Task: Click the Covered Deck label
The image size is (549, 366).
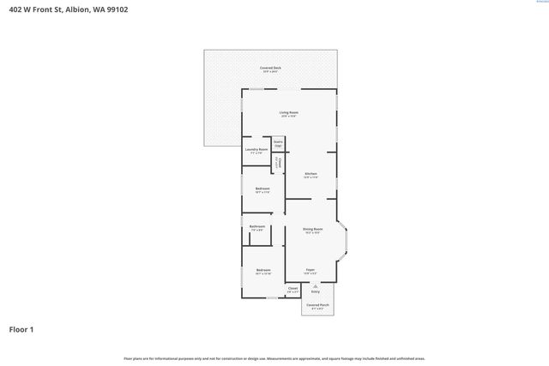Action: point(270,69)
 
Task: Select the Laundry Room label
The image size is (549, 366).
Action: point(256,151)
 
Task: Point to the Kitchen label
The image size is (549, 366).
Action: point(311,176)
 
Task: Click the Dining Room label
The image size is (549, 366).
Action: point(312,231)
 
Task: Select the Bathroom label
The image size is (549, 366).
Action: point(257,228)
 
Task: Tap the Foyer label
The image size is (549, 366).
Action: point(310,271)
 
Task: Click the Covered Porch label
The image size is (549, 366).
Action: point(317,306)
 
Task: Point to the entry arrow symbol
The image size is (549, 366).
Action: point(315,286)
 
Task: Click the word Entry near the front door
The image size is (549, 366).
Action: point(315,292)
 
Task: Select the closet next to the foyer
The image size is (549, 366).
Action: point(293,290)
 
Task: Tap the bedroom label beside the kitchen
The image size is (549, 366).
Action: point(262,189)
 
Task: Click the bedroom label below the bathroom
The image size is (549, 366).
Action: point(262,272)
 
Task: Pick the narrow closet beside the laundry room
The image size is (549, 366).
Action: point(278,164)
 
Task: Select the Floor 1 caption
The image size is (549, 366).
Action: point(21,329)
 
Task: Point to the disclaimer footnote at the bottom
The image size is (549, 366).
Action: point(274,358)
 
